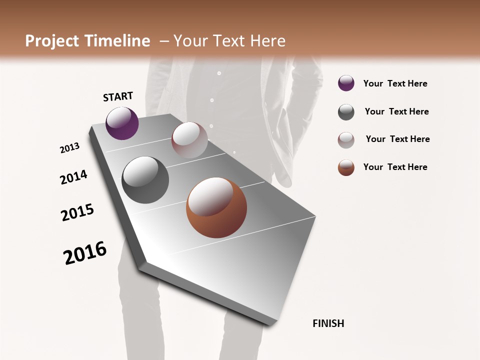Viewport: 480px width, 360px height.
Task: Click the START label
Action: (118, 96)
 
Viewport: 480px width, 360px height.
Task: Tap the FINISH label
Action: (328, 323)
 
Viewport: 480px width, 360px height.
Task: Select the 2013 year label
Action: (70, 148)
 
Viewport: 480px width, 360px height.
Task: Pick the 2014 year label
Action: (73, 177)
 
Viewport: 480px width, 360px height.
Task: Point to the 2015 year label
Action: (77, 212)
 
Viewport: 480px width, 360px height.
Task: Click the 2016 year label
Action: (85, 252)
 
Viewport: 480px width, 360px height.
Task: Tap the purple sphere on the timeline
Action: (122, 123)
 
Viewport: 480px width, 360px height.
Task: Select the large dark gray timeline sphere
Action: (145, 180)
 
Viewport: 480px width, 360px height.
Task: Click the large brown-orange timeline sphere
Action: (216, 207)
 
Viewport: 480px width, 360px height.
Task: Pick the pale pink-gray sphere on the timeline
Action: (189, 140)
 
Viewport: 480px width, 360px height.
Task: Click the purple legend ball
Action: (346, 83)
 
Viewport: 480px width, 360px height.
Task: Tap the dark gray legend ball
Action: (346, 112)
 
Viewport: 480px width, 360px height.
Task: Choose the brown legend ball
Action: (346, 167)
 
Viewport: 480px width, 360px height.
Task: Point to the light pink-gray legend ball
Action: (346, 140)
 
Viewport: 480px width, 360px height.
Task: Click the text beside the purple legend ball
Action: (395, 83)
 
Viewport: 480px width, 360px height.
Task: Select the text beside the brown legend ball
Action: (395, 167)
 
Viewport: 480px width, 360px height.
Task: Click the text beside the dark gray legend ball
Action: (396, 111)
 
